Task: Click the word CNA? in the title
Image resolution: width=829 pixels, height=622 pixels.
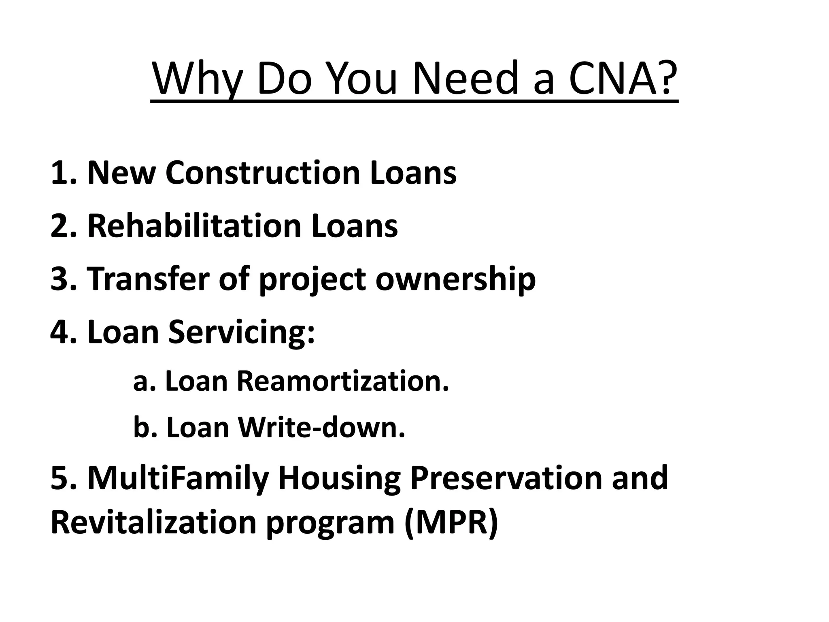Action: point(623,78)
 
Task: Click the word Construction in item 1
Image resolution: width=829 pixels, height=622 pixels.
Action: point(263,173)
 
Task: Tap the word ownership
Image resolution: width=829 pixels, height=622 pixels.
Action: point(455,279)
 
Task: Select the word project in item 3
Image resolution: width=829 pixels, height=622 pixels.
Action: point(312,279)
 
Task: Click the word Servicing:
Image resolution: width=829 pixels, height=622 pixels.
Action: point(241,332)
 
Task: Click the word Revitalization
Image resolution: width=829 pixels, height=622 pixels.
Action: point(153,522)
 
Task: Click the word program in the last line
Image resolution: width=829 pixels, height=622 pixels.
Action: point(330,522)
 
